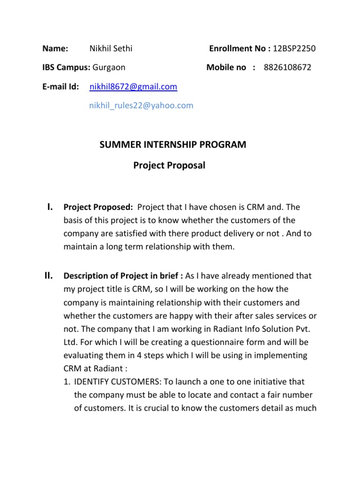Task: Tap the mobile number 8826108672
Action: (287, 67)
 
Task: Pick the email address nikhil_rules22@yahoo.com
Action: (141, 105)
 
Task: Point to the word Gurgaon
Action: (109, 67)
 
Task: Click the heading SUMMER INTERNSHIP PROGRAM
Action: (172, 144)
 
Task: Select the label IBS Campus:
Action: (66, 67)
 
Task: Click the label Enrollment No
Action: (237, 48)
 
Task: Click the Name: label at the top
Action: (55, 48)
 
